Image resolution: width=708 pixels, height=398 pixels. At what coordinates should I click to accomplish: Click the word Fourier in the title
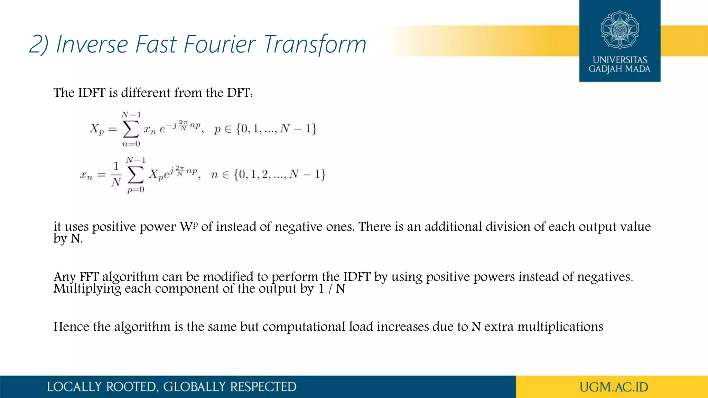click(220, 44)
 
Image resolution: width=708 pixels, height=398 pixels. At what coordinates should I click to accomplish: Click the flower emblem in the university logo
click(619, 30)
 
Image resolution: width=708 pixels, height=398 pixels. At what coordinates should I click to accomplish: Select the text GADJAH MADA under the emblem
click(619, 69)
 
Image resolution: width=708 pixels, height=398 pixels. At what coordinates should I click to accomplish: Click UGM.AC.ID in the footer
click(614, 387)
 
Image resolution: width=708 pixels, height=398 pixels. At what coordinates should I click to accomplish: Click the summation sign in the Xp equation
click(131, 129)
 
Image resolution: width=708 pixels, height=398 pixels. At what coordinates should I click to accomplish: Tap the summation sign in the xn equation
click(136, 175)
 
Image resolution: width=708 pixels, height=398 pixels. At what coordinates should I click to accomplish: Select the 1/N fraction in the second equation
click(116, 174)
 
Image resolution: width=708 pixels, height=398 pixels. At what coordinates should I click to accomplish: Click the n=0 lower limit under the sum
click(131, 144)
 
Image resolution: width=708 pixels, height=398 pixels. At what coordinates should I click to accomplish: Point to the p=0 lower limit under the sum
click(136, 190)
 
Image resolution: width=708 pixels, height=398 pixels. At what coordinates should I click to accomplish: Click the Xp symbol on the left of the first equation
click(96, 129)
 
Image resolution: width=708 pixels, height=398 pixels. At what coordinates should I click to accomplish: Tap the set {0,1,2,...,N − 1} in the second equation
click(279, 174)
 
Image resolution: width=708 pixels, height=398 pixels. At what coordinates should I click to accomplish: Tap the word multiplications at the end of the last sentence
click(560, 326)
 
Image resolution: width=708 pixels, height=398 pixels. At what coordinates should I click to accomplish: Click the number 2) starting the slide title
click(38, 44)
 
